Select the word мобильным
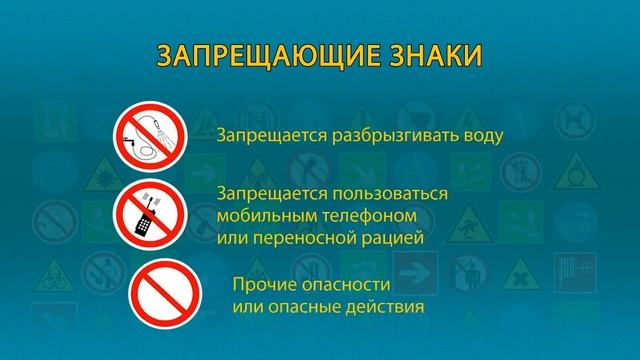[263, 215]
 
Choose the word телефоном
[363, 215]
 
